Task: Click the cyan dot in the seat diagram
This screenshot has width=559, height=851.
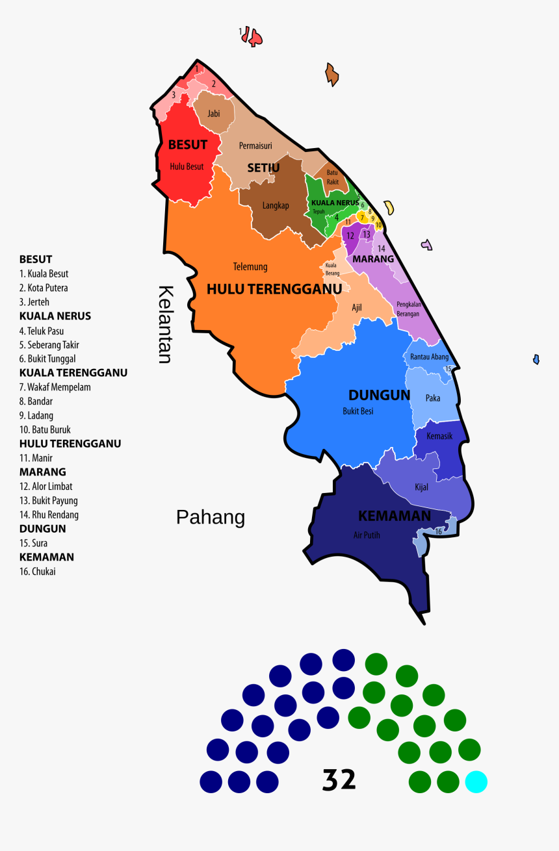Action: point(476,781)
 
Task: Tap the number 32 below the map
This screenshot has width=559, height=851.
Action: point(339,780)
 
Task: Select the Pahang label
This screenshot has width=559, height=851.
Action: point(211,517)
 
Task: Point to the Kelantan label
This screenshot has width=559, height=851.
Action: point(166,324)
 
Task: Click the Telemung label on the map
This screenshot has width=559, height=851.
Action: point(250,266)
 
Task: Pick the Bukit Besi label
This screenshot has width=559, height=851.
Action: point(358,411)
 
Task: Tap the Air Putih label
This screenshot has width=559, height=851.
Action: point(367,535)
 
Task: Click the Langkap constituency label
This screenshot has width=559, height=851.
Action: point(276,205)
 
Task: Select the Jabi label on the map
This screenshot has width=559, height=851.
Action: point(214,113)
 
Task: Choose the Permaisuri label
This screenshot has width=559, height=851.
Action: point(255,146)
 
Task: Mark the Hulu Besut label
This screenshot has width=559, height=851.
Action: point(187,166)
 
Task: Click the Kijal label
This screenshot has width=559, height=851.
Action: point(421,487)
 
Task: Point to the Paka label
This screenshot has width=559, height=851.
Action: point(433,398)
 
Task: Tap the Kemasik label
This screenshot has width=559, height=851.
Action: point(439,436)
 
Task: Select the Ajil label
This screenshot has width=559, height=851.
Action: point(357,307)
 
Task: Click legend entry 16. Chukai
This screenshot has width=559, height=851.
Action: point(38,572)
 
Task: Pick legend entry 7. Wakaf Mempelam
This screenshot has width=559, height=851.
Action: point(55,387)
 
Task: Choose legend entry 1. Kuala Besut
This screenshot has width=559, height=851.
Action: point(44,273)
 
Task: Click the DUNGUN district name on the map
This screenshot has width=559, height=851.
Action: point(379,395)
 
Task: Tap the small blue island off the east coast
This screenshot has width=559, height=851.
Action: point(536,359)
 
